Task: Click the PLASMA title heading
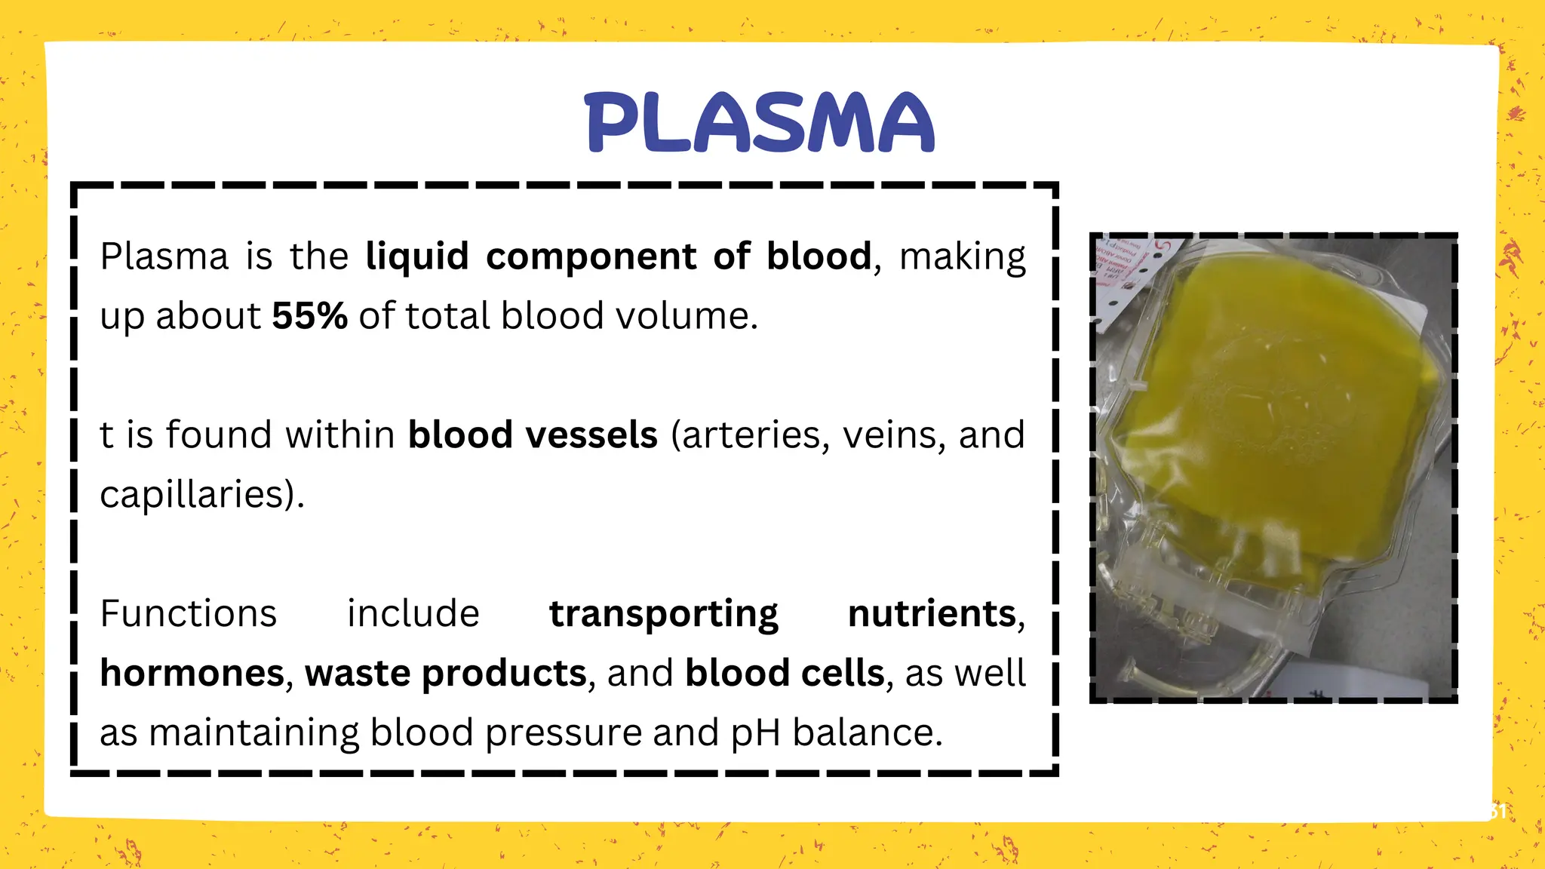[x=760, y=122]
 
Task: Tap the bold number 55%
[x=309, y=316]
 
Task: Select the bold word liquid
[x=417, y=256]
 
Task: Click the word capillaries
[x=196, y=496]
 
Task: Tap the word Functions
[x=189, y=613]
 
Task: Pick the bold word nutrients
[x=932, y=613]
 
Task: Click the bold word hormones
[x=192, y=673]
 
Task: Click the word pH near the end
[x=755, y=733]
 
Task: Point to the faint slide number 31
[x=1497, y=812]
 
